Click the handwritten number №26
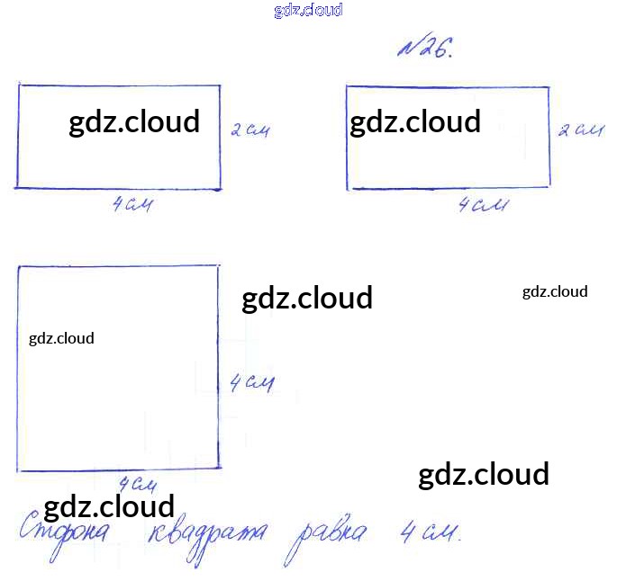[x=426, y=48]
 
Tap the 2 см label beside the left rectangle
[x=250, y=131]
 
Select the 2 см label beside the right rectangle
[x=579, y=131]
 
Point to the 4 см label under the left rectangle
[x=132, y=205]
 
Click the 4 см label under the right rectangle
[x=482, y=206]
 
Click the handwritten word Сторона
[x=65, y=532]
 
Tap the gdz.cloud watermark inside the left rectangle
[x=134, y=121]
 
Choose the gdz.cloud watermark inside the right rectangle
[x=415, y=121]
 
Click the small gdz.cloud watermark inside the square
[x=61, y=338]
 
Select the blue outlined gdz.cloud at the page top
[x=308, y=11]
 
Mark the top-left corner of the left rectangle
[x=19, y=85]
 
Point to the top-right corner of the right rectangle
[x=549, y=87]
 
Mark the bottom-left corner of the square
[x=19, y=469]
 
